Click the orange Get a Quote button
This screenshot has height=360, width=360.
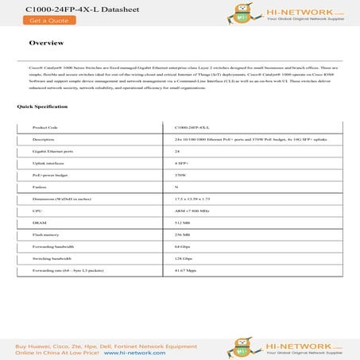(x=30, y=21)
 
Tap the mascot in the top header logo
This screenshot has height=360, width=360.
(x=234, y=13)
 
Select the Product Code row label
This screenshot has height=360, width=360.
(x=46, y=126)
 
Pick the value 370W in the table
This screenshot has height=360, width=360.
(x=180, y=174)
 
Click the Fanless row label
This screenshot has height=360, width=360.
(x=41, y=187)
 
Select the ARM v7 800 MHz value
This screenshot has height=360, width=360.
(x=191, y=211)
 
